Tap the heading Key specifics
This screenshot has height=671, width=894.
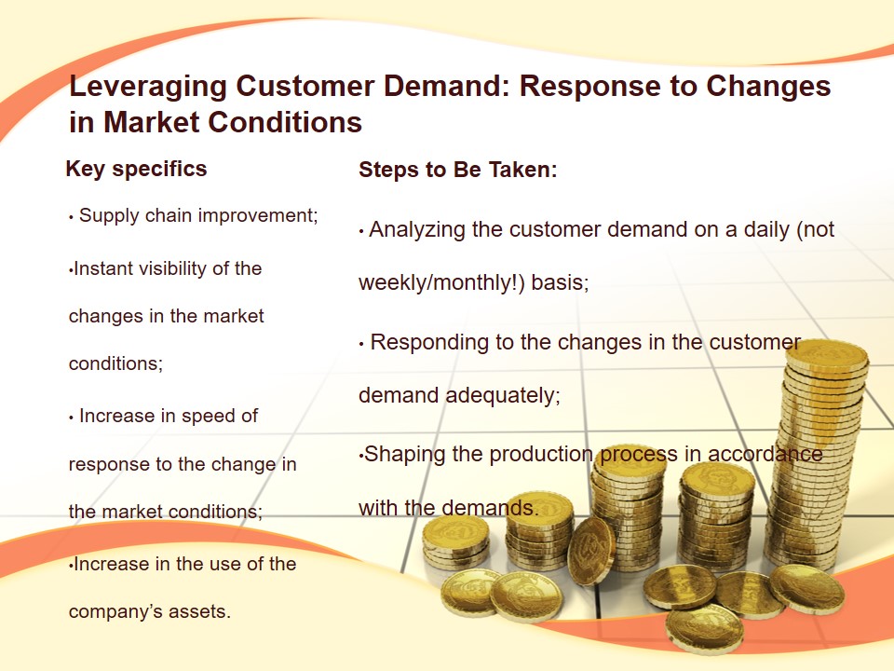(136, 170)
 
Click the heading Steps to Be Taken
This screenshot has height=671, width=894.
(458, 170)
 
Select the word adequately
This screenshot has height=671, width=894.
(503, 395)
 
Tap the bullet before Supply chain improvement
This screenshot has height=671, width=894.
(72, 217)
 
